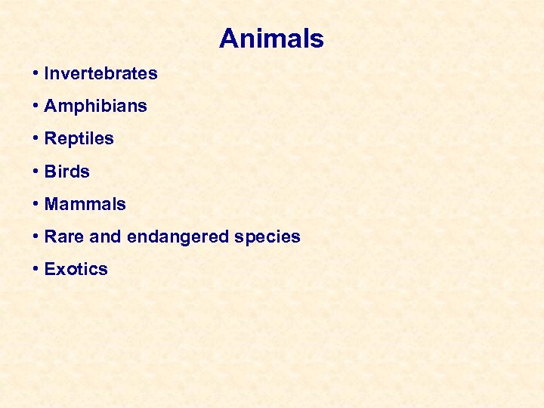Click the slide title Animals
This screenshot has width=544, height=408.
pos(271,39)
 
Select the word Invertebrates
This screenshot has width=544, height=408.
pos(100,74)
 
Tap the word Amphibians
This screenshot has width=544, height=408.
pos(95,107)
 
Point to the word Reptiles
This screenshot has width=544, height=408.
pos(79,139)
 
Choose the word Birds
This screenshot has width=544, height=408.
pos(66,172)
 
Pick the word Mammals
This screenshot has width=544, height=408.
pos(85,204)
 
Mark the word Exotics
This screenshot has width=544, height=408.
pos(76,269)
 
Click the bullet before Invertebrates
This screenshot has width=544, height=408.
pos(36,74)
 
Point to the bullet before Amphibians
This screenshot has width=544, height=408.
pos(36,107)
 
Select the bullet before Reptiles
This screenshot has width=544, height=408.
pos(36,139)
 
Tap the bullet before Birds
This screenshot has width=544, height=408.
pos(36,172)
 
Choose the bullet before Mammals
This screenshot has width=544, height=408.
pos(36,204)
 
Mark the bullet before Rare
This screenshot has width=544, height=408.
pos(36,236)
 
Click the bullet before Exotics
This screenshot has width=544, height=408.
pos(36,269)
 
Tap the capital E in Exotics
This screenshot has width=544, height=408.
pos(50,269)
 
